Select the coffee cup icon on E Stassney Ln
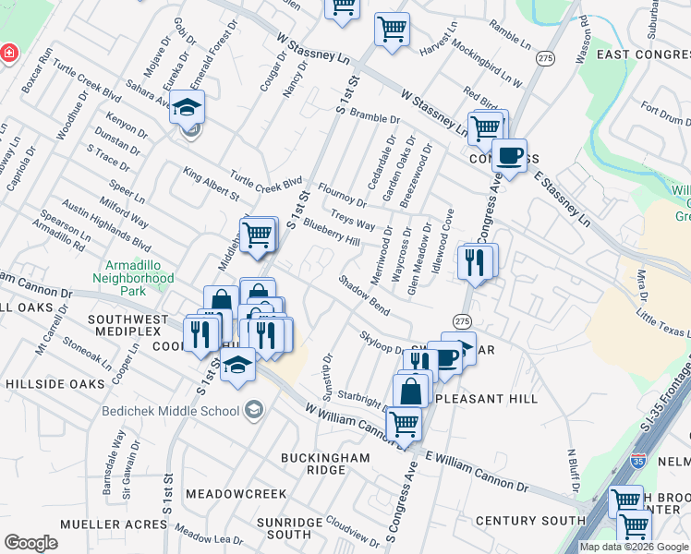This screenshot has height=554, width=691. coord(508,155)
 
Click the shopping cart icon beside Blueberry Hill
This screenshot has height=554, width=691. coord(259,234)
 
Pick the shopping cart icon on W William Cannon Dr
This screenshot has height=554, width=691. coord(404,424)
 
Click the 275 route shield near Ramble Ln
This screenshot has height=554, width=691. coord(546,57)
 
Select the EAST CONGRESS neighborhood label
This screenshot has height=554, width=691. coord(643,54)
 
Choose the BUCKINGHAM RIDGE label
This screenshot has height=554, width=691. coord(312,464)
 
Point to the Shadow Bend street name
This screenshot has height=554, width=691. coord(364,293)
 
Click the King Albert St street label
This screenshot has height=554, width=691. coord(211,184)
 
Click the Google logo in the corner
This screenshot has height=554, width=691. coord(30,543)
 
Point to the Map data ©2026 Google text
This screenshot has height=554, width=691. coord(634,547)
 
